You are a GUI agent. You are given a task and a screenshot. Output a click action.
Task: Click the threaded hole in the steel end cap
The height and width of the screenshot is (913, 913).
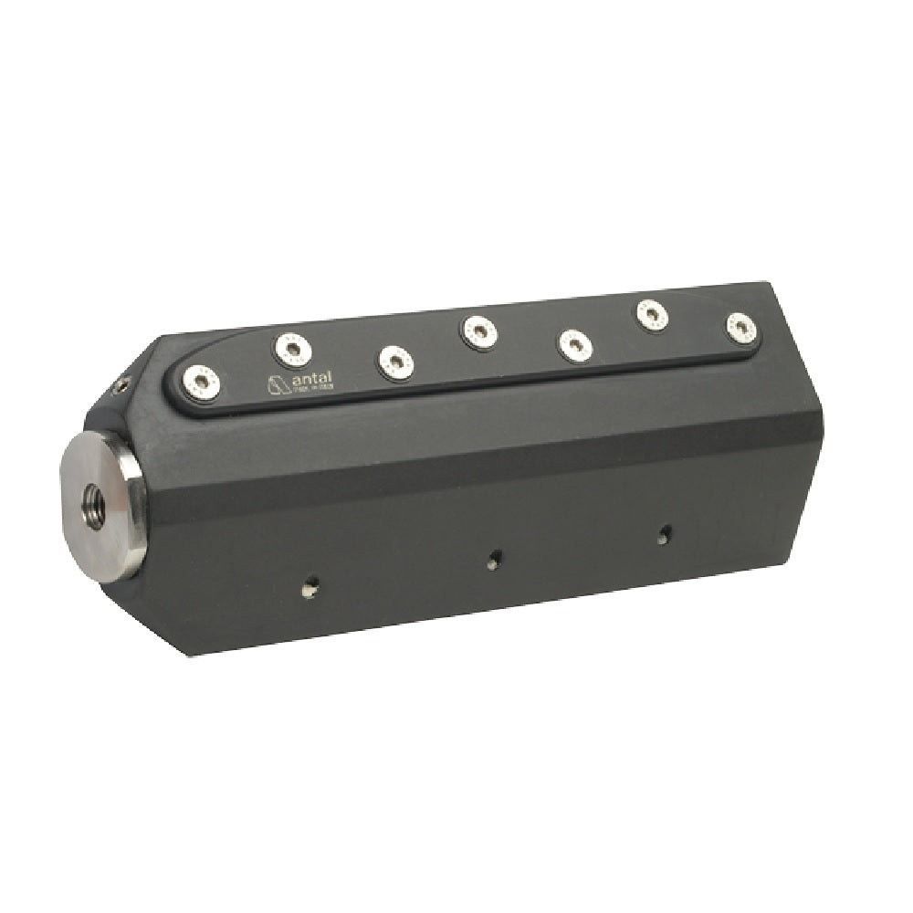pos(93,497)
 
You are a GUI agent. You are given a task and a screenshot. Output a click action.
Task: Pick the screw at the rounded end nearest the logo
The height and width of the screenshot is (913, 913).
pos(200,382)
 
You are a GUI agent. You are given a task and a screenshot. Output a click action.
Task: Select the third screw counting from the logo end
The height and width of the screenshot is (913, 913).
pos(395,362)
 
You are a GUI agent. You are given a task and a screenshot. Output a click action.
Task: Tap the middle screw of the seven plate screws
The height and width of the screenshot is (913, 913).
pos(478,331)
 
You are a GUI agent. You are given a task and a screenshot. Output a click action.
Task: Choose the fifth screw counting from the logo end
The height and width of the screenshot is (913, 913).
pos(575,345)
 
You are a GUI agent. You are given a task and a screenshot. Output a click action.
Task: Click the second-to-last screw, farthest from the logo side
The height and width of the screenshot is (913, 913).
pos(652,316)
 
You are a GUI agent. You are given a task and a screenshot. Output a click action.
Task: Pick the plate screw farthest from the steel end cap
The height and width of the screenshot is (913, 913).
pos(741,328)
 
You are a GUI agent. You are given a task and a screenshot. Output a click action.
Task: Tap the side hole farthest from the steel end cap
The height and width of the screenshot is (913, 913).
pos(665,534)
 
